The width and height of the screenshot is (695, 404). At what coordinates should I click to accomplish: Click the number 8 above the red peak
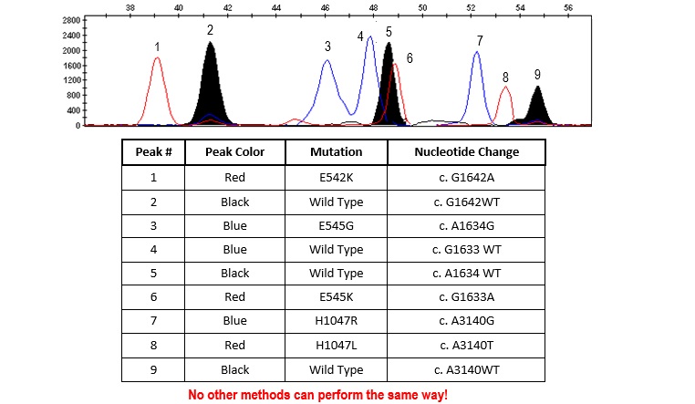pyautogui.click(x=505, y=78)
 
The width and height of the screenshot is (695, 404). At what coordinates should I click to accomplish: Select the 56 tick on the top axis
pyautogui.click(x=568, y=7)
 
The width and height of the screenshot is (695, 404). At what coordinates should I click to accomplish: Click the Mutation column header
pyautogui.click(x=336, y=152)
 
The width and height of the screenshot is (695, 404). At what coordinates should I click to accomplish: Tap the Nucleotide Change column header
pyautogui.click(x=466, y=152)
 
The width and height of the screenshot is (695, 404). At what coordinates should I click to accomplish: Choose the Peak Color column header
pyautogui.click(x=234, y=152)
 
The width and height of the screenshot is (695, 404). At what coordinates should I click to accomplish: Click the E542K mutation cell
pyautogui.click(x=336, y=177)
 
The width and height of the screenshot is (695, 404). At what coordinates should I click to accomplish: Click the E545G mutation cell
pyautogui.click(x=336, y=225)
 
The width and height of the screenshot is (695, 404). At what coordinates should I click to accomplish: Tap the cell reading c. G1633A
pyautogui.click(x=466, y=297)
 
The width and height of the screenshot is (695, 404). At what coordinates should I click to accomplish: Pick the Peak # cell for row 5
pyautogui.click(x=153, y=274)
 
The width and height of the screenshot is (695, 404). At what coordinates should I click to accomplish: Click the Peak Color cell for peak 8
pyautogui.click(x=234, y=346)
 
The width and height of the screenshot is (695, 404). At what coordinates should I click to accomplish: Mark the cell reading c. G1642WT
pyautogui.click(x=466, y=202)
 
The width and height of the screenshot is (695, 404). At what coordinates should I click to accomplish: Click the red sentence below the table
pyautogui.click(x=317, y=394)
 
